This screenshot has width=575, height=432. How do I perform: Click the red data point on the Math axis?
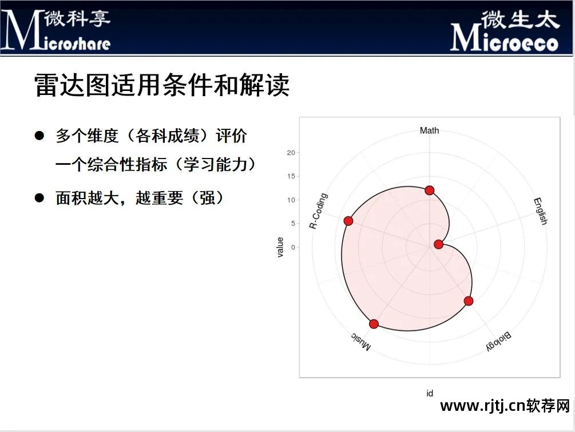(429, 190)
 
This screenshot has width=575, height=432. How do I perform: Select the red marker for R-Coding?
(348, 221)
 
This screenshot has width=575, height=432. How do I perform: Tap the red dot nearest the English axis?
(439, 244)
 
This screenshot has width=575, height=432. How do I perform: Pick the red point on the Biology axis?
(469, 301)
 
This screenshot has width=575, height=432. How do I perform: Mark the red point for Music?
(374, 324)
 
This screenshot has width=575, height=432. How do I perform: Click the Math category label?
(429, 130)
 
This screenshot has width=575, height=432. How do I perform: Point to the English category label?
(540, 211)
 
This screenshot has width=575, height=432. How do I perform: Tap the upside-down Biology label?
(498, 341)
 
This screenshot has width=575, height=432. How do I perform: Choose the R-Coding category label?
(319, 211)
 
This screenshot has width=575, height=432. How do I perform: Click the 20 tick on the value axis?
(291, 153)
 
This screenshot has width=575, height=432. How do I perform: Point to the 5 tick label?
(293, 224)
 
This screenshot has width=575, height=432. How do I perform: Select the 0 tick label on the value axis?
(293, 247)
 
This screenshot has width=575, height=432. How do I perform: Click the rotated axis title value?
(280, 247)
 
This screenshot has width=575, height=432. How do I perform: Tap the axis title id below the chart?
(429, 393)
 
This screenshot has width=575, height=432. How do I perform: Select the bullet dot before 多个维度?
(39, 136)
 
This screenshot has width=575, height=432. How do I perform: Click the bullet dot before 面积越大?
(39, 198)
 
